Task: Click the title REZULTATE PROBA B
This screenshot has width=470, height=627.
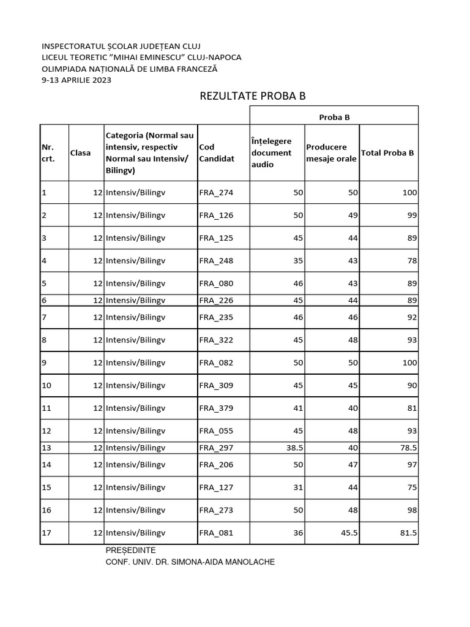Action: point(252,97)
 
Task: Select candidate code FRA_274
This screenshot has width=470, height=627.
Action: point(216,193)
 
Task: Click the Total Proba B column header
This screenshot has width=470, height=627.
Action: point(387,152)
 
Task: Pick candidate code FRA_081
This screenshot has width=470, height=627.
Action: point(216,533)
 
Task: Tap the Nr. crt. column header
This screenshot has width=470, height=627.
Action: point(48,153)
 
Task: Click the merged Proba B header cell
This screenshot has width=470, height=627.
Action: point(334,117)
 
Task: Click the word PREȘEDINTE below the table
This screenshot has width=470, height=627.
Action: point(131,550)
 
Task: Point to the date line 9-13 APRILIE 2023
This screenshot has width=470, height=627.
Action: point(76,80)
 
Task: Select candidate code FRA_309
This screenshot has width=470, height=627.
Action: point(216,386)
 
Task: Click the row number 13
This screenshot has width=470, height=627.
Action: point(47,448)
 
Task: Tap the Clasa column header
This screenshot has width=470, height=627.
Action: point(80,153)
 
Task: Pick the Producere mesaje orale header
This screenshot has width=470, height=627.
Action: point(331,153)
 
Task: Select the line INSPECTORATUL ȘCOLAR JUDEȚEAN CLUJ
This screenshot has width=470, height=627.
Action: point(121,47)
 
